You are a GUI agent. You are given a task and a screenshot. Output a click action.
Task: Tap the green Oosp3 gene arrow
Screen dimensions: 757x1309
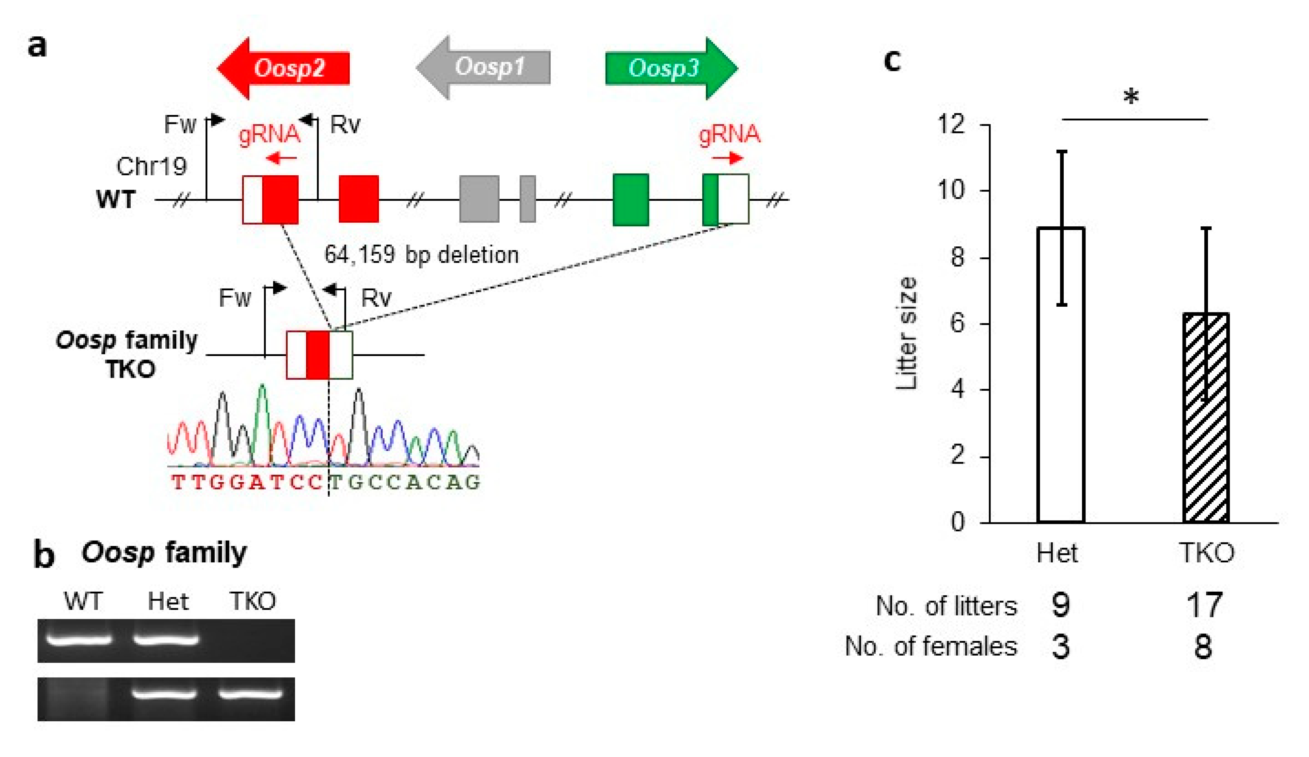click(670, 68)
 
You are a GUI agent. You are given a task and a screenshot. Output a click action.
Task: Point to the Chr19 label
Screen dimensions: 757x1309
click(151, 167)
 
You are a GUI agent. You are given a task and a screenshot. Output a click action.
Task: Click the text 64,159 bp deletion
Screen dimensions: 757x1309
click(421, 255)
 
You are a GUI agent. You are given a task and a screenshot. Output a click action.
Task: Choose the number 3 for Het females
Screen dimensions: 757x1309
click(1060, 647)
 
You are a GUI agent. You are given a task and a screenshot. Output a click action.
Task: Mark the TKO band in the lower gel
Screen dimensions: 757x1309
click(250, 693)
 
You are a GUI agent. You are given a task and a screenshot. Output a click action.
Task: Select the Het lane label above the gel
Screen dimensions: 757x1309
click(168, 602)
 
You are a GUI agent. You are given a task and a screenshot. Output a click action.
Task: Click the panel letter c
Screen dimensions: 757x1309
click(892, 60)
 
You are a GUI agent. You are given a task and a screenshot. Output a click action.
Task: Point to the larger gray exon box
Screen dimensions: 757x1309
click(479, 199)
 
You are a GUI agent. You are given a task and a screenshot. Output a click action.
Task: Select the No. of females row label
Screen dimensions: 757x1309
click(931, 647)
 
